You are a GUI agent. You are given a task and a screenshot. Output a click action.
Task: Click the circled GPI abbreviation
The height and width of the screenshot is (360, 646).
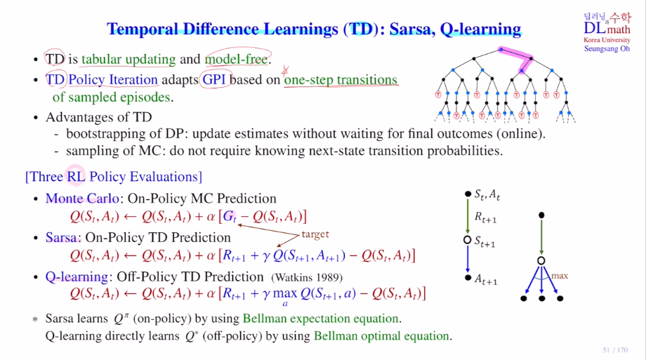[x=214, y=79]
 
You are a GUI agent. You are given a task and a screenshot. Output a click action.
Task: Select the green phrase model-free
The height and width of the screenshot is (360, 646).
[x=237, y=60]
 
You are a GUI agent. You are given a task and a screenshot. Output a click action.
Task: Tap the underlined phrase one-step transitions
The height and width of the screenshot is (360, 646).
[x=341, y=79]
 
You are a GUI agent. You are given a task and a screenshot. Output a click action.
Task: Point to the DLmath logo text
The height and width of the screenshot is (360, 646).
[x=607, y=28]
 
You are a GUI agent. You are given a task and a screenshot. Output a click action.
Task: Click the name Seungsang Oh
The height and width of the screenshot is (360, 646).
[x=607, y=48]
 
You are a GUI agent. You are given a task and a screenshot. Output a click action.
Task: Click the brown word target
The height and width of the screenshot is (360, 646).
[x=315, y=234]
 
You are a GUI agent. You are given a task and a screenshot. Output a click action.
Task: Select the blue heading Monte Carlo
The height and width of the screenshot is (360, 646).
[x=82, y=198]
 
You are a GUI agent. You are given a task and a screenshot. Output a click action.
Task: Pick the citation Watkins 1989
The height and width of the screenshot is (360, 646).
[x=307, y=278]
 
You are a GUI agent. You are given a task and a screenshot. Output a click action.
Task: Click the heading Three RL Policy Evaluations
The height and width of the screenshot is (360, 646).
[x=114, y=177]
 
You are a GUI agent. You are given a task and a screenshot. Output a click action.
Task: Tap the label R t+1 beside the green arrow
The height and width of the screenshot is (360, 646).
[x=486, y=217]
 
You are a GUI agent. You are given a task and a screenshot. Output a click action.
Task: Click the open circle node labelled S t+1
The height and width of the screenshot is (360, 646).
[x=467, y=240]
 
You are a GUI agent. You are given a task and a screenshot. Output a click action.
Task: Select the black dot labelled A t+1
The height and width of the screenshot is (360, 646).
[x=468, y=278]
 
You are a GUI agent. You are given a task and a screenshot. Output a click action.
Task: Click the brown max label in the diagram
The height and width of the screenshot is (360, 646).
[x=560, y=276]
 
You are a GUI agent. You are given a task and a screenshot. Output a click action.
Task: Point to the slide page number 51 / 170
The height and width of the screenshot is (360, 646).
[x=615, y=350]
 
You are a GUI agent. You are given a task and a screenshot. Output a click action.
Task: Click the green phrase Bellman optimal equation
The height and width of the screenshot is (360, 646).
[x=381, y=336]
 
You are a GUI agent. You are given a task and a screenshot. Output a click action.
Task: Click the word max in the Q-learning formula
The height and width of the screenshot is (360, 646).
[x=284, y=293]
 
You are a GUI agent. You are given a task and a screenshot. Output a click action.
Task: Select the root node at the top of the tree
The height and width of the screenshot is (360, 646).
[x=501, y=50]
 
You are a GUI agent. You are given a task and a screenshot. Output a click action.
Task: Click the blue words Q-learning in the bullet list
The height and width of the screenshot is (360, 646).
[x=77, y=276]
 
